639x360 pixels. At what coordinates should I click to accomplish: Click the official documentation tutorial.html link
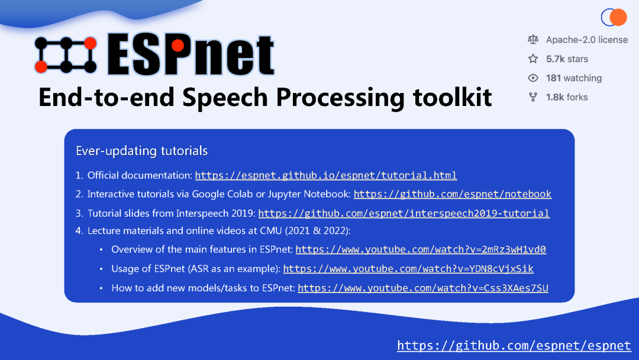pyautogui.click(x=325, y=175)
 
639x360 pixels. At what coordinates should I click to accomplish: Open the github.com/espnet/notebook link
pyautogui.click(x=452, y=194)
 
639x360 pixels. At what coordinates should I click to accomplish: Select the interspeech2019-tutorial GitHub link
pyautogui.click(x=404, y=213)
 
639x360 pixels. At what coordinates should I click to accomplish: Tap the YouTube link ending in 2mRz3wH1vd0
pyautogui.click(x=420, y=249)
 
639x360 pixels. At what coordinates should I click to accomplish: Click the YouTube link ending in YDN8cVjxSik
pyautogui.click(x=408, y=269)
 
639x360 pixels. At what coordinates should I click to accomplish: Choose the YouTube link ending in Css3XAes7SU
pyautogui.click(x=422, y=288)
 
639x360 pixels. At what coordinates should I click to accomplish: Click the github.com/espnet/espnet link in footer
pyautogui.click(x=514, y=345)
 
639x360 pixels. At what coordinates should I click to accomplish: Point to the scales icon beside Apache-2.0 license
pyautogui.click(x=533, y=40)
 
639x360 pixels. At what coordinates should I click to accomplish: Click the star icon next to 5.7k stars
pyautogui.click(x=533, y=59)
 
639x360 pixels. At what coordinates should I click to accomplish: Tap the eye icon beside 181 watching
pyautogui.click(x=533, y=78)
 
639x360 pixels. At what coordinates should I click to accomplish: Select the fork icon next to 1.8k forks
pyautogui.click(x=533, y=97)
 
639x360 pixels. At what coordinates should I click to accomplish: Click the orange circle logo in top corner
pyautogui.click(x=617, y=17)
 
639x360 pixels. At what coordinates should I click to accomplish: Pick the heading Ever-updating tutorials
pyautogui.click(x=141, y=151)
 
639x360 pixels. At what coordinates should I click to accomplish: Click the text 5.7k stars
pyautogui.click(x=567, y=59)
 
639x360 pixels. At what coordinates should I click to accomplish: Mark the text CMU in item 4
pyautogui.click(x=271, y=231)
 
